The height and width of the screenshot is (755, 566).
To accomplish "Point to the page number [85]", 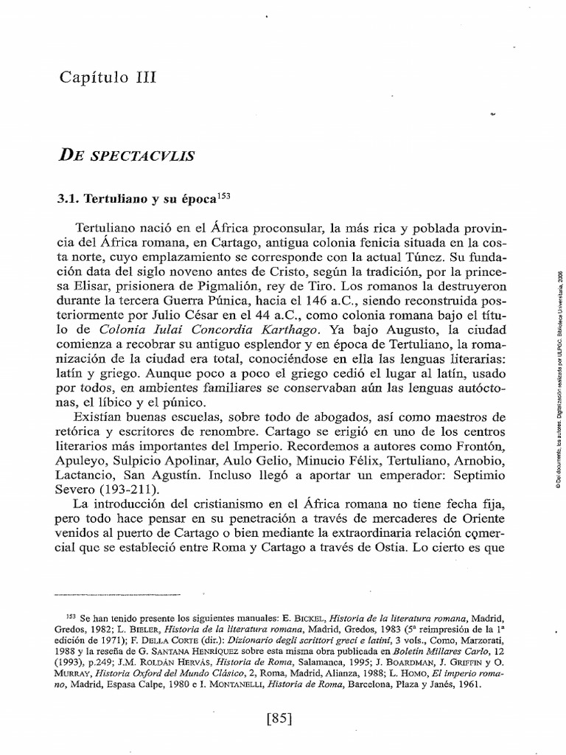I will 283,717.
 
